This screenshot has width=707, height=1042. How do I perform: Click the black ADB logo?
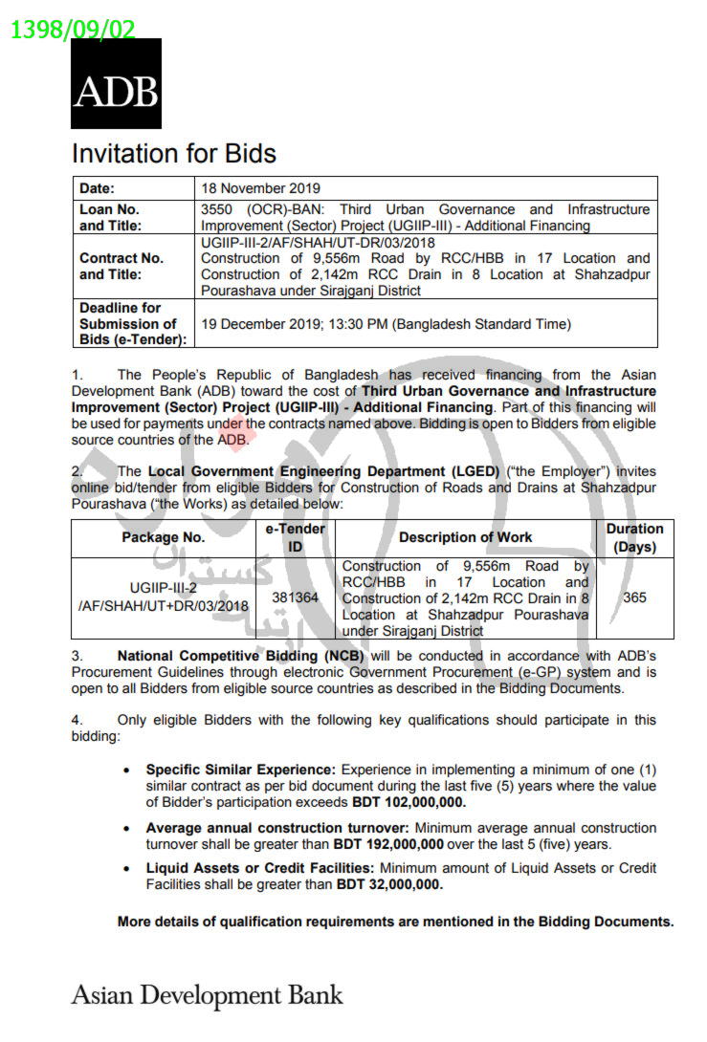[x=116, y=84]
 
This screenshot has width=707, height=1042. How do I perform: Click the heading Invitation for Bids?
[x=174, y=155]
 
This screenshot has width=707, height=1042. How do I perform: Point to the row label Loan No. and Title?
[x=110, y=217]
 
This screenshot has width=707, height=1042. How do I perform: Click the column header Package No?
[x=163, y=537]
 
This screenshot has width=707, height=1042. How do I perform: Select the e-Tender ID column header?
[x=295, y=537]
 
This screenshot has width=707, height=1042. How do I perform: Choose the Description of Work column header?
[x=465, y=537]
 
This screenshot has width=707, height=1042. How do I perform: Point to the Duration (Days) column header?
[x=633, y=537]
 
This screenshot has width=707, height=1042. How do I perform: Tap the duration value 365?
[x=633, y=597]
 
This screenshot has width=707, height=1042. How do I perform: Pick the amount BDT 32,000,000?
[x=389, y=885]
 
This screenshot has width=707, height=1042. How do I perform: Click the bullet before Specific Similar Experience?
[x=127, y=770]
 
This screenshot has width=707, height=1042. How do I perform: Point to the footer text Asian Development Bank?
[x=207, y=995]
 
